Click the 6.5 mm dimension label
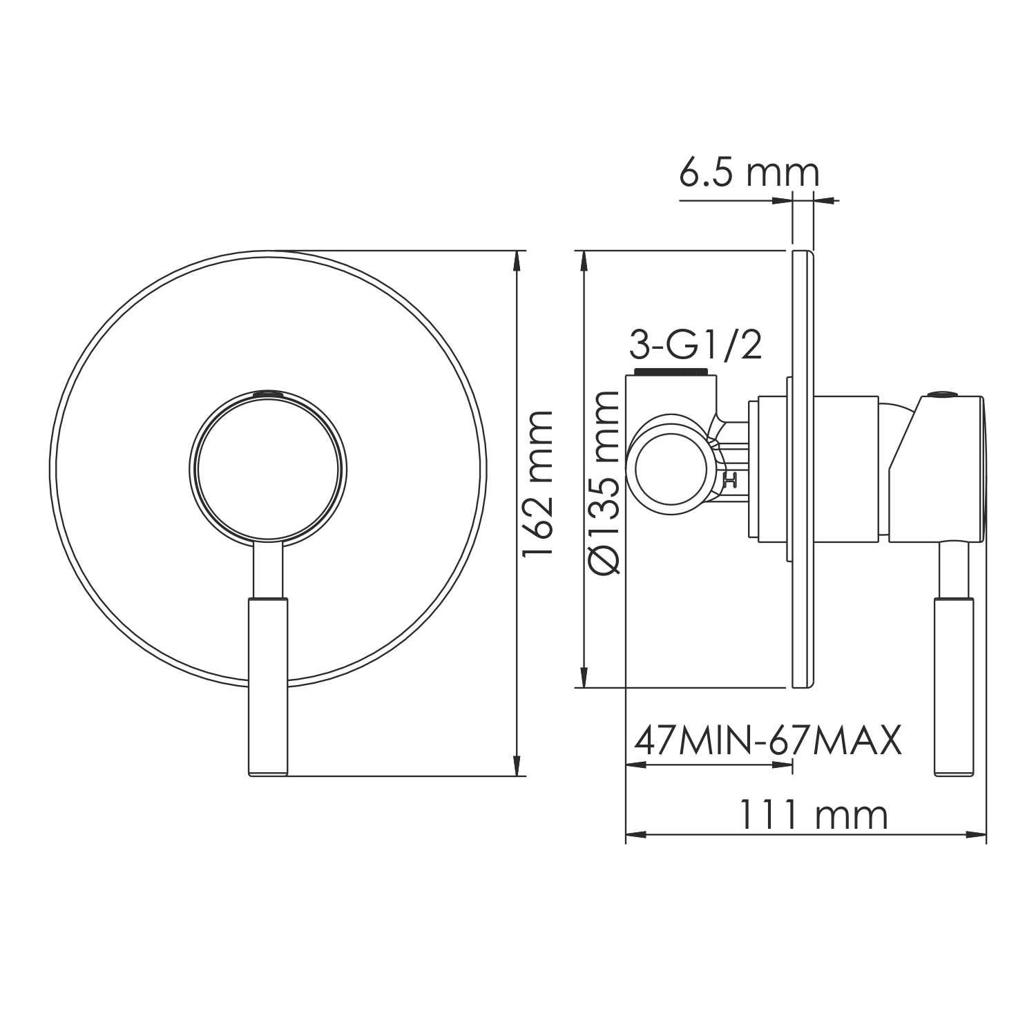point(749,173)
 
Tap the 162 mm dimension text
point(538,483)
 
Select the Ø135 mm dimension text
point(604,482)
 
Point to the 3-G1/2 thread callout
point(696,345)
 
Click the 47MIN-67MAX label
point(768,741)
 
